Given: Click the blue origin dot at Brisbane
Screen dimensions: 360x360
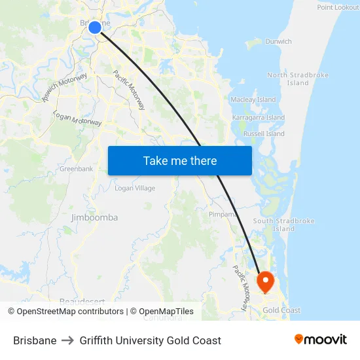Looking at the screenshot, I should (95, 27).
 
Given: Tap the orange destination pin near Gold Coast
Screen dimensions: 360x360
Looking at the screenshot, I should (266, 281).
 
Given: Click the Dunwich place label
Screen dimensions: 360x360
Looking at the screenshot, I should (278, 41).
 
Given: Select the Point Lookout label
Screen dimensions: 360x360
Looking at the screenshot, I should (338, 7).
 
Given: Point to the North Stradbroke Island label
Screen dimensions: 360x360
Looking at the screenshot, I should (298, 79).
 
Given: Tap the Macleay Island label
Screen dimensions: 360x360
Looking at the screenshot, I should (253, 99).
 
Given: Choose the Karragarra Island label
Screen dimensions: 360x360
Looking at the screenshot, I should (259, 117).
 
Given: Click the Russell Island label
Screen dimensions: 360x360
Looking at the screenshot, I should (264, 134).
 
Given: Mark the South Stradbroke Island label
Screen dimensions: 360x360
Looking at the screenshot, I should (283, 225).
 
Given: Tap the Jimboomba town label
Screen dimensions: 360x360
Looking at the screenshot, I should (94, 217).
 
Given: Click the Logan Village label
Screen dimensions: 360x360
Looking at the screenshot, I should (135, 188).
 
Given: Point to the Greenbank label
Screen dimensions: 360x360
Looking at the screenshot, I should (77, 168).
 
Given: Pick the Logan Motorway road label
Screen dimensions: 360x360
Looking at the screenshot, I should (77, 117).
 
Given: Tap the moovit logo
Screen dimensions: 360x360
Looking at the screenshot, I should (320, 340).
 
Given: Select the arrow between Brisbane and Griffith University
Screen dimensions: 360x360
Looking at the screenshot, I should (68, 340).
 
